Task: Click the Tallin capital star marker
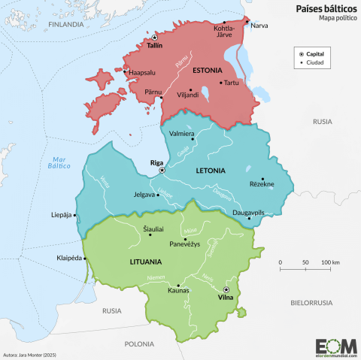tap(154, 37)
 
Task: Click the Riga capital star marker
tap(161, 171)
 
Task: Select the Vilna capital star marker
tap(226, 289)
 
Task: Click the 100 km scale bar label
tap(330, 262)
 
